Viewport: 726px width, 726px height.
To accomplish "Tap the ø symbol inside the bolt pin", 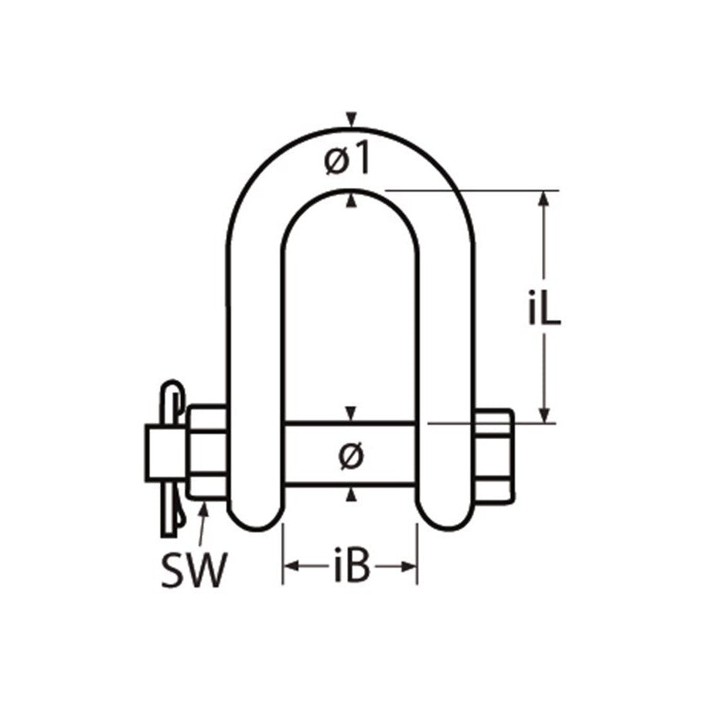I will pyautogui.click(x=350, y=456).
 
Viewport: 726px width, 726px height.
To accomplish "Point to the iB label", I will pyautogui.click(x=349, y=568).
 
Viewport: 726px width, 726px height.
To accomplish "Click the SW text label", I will pyautogui.click(x=194, y=571).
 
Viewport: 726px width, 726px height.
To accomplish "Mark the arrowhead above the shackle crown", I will pyautogui.click(x=352, y=119).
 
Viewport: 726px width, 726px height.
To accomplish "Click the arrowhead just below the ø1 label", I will pyautogui.click(x=352, y=199).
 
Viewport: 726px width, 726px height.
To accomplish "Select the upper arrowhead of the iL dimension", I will pyautogui.click(x=545, y=198).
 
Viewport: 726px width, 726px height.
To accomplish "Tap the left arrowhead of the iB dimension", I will pyautogui.click(x=291, y=568).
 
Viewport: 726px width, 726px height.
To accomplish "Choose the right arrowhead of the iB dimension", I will pyautogui.click(x=409, y=568).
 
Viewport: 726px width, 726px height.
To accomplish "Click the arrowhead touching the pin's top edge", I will pyautogui.click(x=352, y=414).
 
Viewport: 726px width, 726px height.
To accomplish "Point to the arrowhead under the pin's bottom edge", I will pyautogui.click(x=352, y=495).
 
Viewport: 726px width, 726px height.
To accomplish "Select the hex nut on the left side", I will pyautogui.click(x=206, y=452).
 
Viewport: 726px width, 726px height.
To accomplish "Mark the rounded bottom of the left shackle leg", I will pyautogui.click(x=253, y=518).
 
